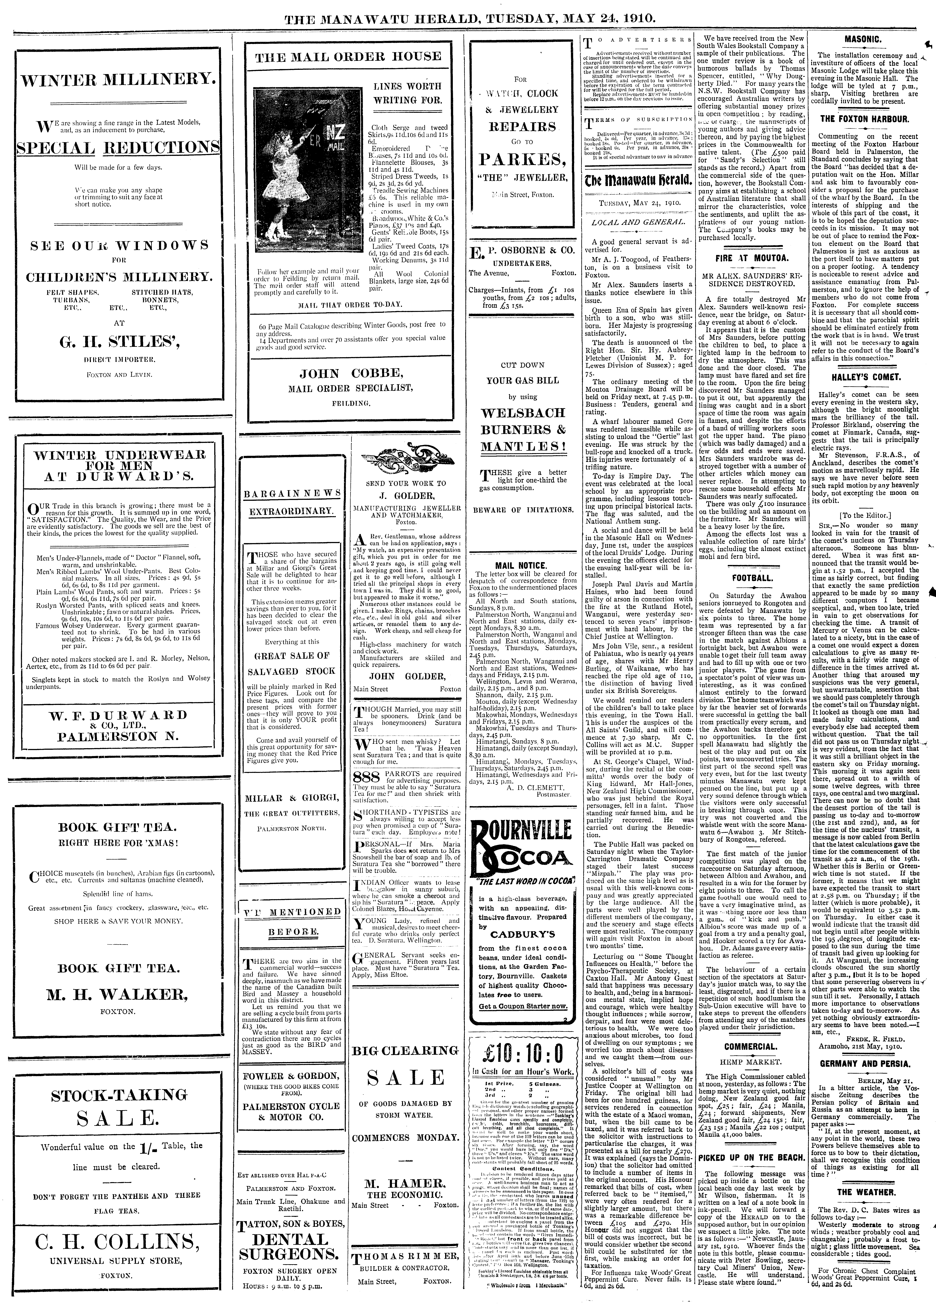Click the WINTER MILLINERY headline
pos(118,79)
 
